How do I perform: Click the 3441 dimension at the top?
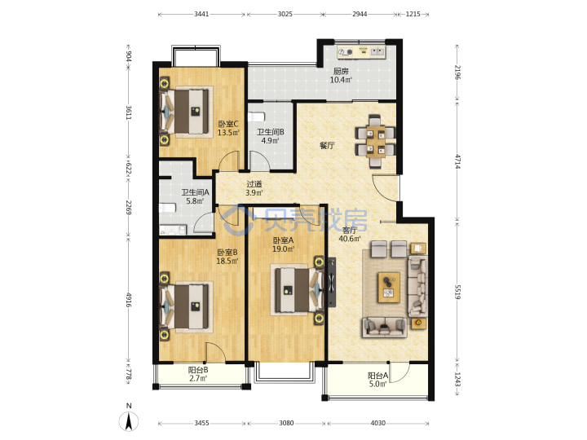coord(201,14)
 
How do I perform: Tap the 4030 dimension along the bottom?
coord(377,423)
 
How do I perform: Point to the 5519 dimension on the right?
coord(457,292)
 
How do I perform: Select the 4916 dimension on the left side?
coord(129,300)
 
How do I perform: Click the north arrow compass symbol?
coord(129,420)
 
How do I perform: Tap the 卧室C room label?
coord(228,124)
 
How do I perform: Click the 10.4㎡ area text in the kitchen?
coord(341,80)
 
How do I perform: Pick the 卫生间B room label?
coord(271,132)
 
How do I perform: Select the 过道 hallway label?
coord(254,184)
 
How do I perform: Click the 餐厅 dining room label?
coord(327,146)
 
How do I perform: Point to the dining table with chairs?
coord(375,141)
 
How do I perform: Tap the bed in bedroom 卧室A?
coord(298,289)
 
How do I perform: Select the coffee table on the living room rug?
coord(389,288)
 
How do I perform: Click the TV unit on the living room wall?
coord(332,282)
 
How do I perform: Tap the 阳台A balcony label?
coord(377,376)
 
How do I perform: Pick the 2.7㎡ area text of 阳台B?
coord(198,378)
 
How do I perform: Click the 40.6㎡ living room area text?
coord(349,239)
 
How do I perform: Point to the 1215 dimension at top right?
coord(413,14)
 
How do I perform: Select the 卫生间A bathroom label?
coord(195,192)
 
